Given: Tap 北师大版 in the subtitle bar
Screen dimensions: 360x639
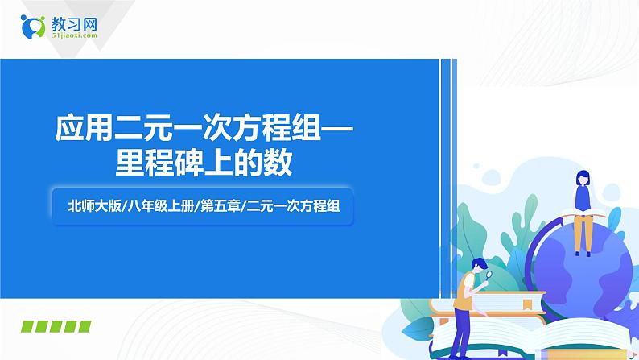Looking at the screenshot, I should tap(95, 205).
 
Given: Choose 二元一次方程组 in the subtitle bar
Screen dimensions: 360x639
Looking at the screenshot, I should tap(291, 205).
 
